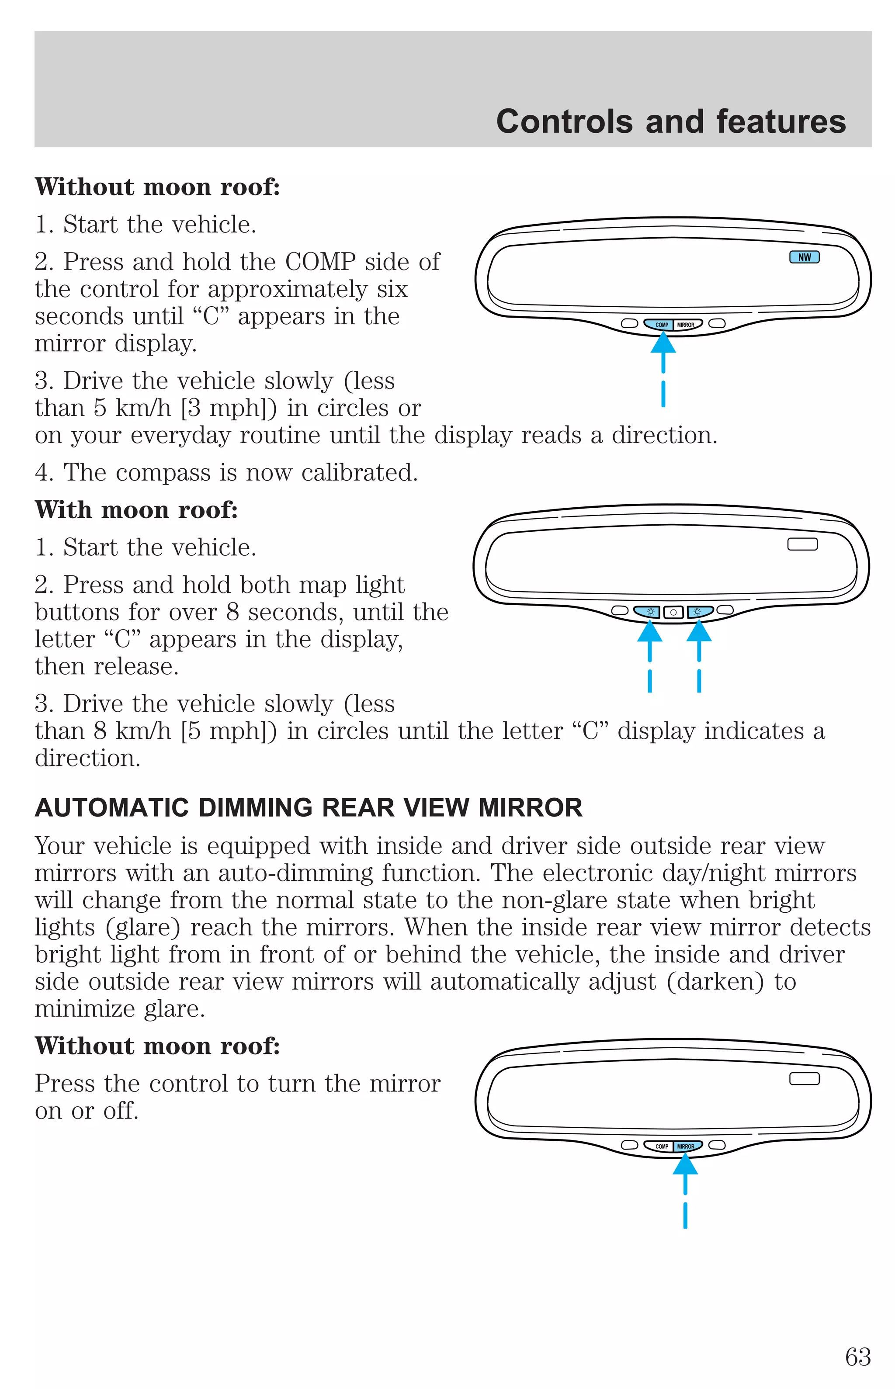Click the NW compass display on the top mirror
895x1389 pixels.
pos(805,257)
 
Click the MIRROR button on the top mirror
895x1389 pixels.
pos(687,325)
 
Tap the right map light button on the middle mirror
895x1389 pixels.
pos(700,612)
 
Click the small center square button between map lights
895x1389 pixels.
pos(673,612)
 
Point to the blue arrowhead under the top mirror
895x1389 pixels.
pos(663,342)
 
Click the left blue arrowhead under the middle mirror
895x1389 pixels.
pos(650,631)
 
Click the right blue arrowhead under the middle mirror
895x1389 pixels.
pos(699,631)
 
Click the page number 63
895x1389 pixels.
pos(858,1357)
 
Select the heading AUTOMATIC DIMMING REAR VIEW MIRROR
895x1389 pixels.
pos(308,808)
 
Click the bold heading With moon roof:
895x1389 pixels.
pos(136,510)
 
